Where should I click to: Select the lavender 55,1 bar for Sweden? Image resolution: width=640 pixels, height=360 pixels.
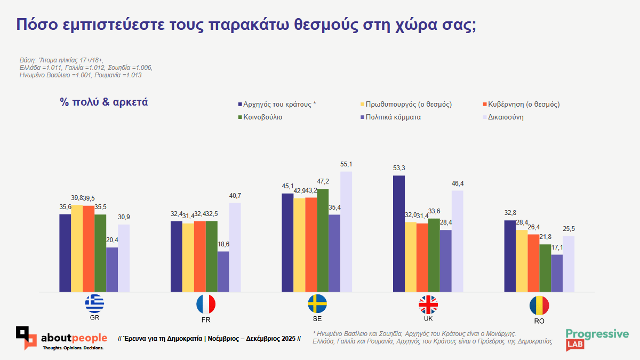coord(346,231)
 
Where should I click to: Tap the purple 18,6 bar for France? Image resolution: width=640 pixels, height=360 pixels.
coord(223,271)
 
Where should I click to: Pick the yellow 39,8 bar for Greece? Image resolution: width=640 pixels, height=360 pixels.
coord(77,248)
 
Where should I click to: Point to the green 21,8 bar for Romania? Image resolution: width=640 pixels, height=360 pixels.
coord(545,268)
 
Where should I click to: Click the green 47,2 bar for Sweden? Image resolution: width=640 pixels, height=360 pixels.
coord(323,240)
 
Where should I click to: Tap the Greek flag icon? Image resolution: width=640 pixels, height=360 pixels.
coord(95,304)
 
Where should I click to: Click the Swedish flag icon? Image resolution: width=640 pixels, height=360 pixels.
coord(317,304)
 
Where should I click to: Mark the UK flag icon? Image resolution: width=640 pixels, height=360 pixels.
coord(428,305)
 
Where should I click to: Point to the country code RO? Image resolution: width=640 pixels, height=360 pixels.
coord(539,321)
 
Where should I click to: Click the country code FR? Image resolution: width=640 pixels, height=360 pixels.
coord(206,321)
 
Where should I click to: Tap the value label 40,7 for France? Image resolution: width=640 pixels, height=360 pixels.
coord(235,196)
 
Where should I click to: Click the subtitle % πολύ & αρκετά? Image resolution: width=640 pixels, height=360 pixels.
coord(104,102)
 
